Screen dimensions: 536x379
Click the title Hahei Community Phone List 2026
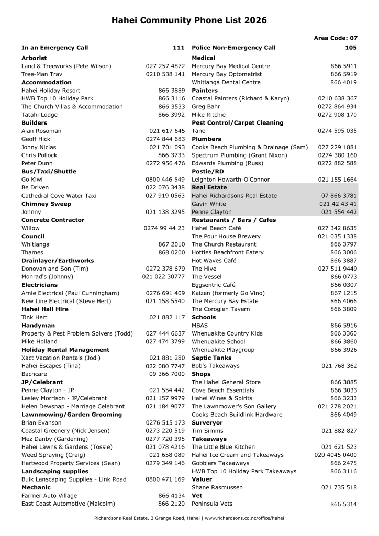click(x=189, y=20)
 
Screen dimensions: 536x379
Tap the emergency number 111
click(x=179, y=48)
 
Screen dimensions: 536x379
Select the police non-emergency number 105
click(x=351, y=48)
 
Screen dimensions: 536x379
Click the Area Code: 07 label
click(x=336, y=38)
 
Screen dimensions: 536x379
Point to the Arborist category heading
click(x=34, y=58)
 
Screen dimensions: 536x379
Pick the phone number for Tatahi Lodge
click(x=171, y=115)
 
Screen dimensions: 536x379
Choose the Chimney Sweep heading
click(x=46, y=204)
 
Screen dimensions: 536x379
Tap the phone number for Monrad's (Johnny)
click(x=163, y=277)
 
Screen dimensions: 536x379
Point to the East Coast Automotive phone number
click(x=171, y=504)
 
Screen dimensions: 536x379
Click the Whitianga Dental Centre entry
click(x=226, y=82)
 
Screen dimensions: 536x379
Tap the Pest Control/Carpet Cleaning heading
click(x=237, y=123)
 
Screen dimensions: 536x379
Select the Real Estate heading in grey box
click(x=209, y=187)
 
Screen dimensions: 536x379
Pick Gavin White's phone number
click(x=338, y=204)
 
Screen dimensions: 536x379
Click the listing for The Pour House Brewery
click(x=226, y=236)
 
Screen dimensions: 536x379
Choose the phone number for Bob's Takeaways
click(x=339, y=366)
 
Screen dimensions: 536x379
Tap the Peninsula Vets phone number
click(x=343, y=505)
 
